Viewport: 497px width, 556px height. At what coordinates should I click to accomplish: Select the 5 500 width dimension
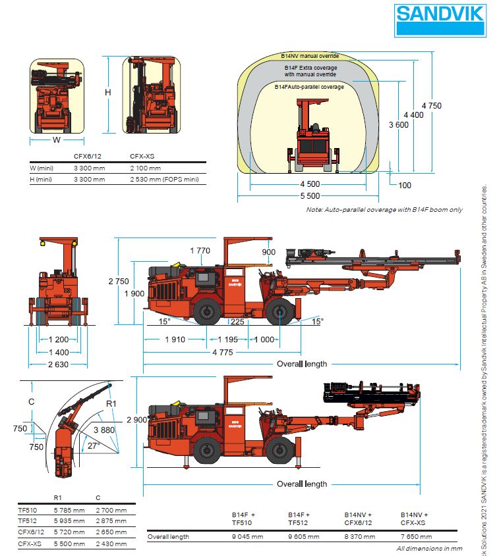(309, 196)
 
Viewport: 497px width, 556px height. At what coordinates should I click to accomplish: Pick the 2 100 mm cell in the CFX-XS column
(145, 168)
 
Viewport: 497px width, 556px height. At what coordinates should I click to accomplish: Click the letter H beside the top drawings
(108, 93)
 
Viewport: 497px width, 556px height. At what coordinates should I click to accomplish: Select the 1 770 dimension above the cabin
(200, 250)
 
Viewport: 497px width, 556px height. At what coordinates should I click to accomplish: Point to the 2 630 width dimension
(58, 365)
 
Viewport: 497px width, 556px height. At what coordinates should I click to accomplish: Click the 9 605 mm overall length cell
(303, 537)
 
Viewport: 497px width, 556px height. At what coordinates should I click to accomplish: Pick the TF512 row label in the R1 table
(27, 520)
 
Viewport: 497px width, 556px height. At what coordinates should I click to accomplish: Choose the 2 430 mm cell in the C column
(110, 544)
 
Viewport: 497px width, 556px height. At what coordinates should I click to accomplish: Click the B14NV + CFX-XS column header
(415, 518)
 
